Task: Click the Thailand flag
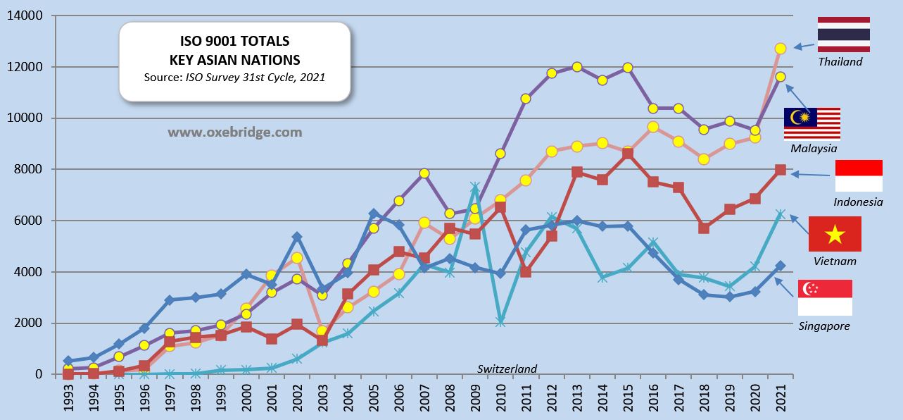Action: coord(843,34)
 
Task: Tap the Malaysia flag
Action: coord(812,125)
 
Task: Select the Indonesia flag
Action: coord(858,176)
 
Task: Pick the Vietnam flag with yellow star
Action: coord(835,234)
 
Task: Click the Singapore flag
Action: coord(825,297)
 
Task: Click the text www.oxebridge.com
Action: coord(234,132)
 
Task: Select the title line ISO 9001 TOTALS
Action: coord(234,42)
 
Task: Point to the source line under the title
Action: coord(234,77)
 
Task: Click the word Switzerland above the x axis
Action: coord(507,369)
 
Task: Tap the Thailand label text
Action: coord(840,61)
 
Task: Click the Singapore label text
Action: coord(824,326)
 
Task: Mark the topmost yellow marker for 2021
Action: coord(780,48)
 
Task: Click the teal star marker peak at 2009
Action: coord(475,187)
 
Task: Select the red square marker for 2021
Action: coord(780,170)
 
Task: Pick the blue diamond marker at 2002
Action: coord(297,237)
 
